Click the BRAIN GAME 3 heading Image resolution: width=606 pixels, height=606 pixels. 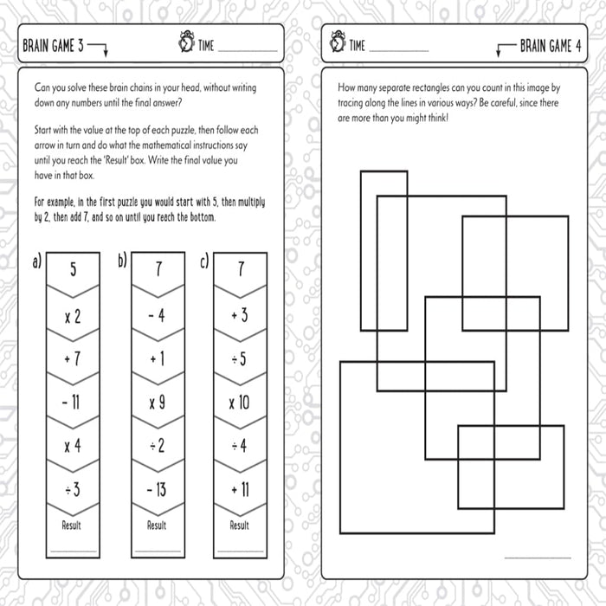point(53,45)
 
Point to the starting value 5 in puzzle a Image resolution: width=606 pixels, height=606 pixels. point(72,270)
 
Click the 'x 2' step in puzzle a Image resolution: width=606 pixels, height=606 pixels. point(72,316)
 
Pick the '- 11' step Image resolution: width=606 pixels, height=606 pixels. point(72,403)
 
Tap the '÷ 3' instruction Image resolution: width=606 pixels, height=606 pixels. point(72,490)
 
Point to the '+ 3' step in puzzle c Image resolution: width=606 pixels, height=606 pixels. point(240,316)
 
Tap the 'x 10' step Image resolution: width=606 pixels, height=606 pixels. point(240,403)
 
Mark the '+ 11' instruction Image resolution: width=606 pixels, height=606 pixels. point(240,490)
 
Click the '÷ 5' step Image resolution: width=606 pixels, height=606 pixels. point(240,359)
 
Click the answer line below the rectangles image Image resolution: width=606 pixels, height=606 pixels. point(537,558)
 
